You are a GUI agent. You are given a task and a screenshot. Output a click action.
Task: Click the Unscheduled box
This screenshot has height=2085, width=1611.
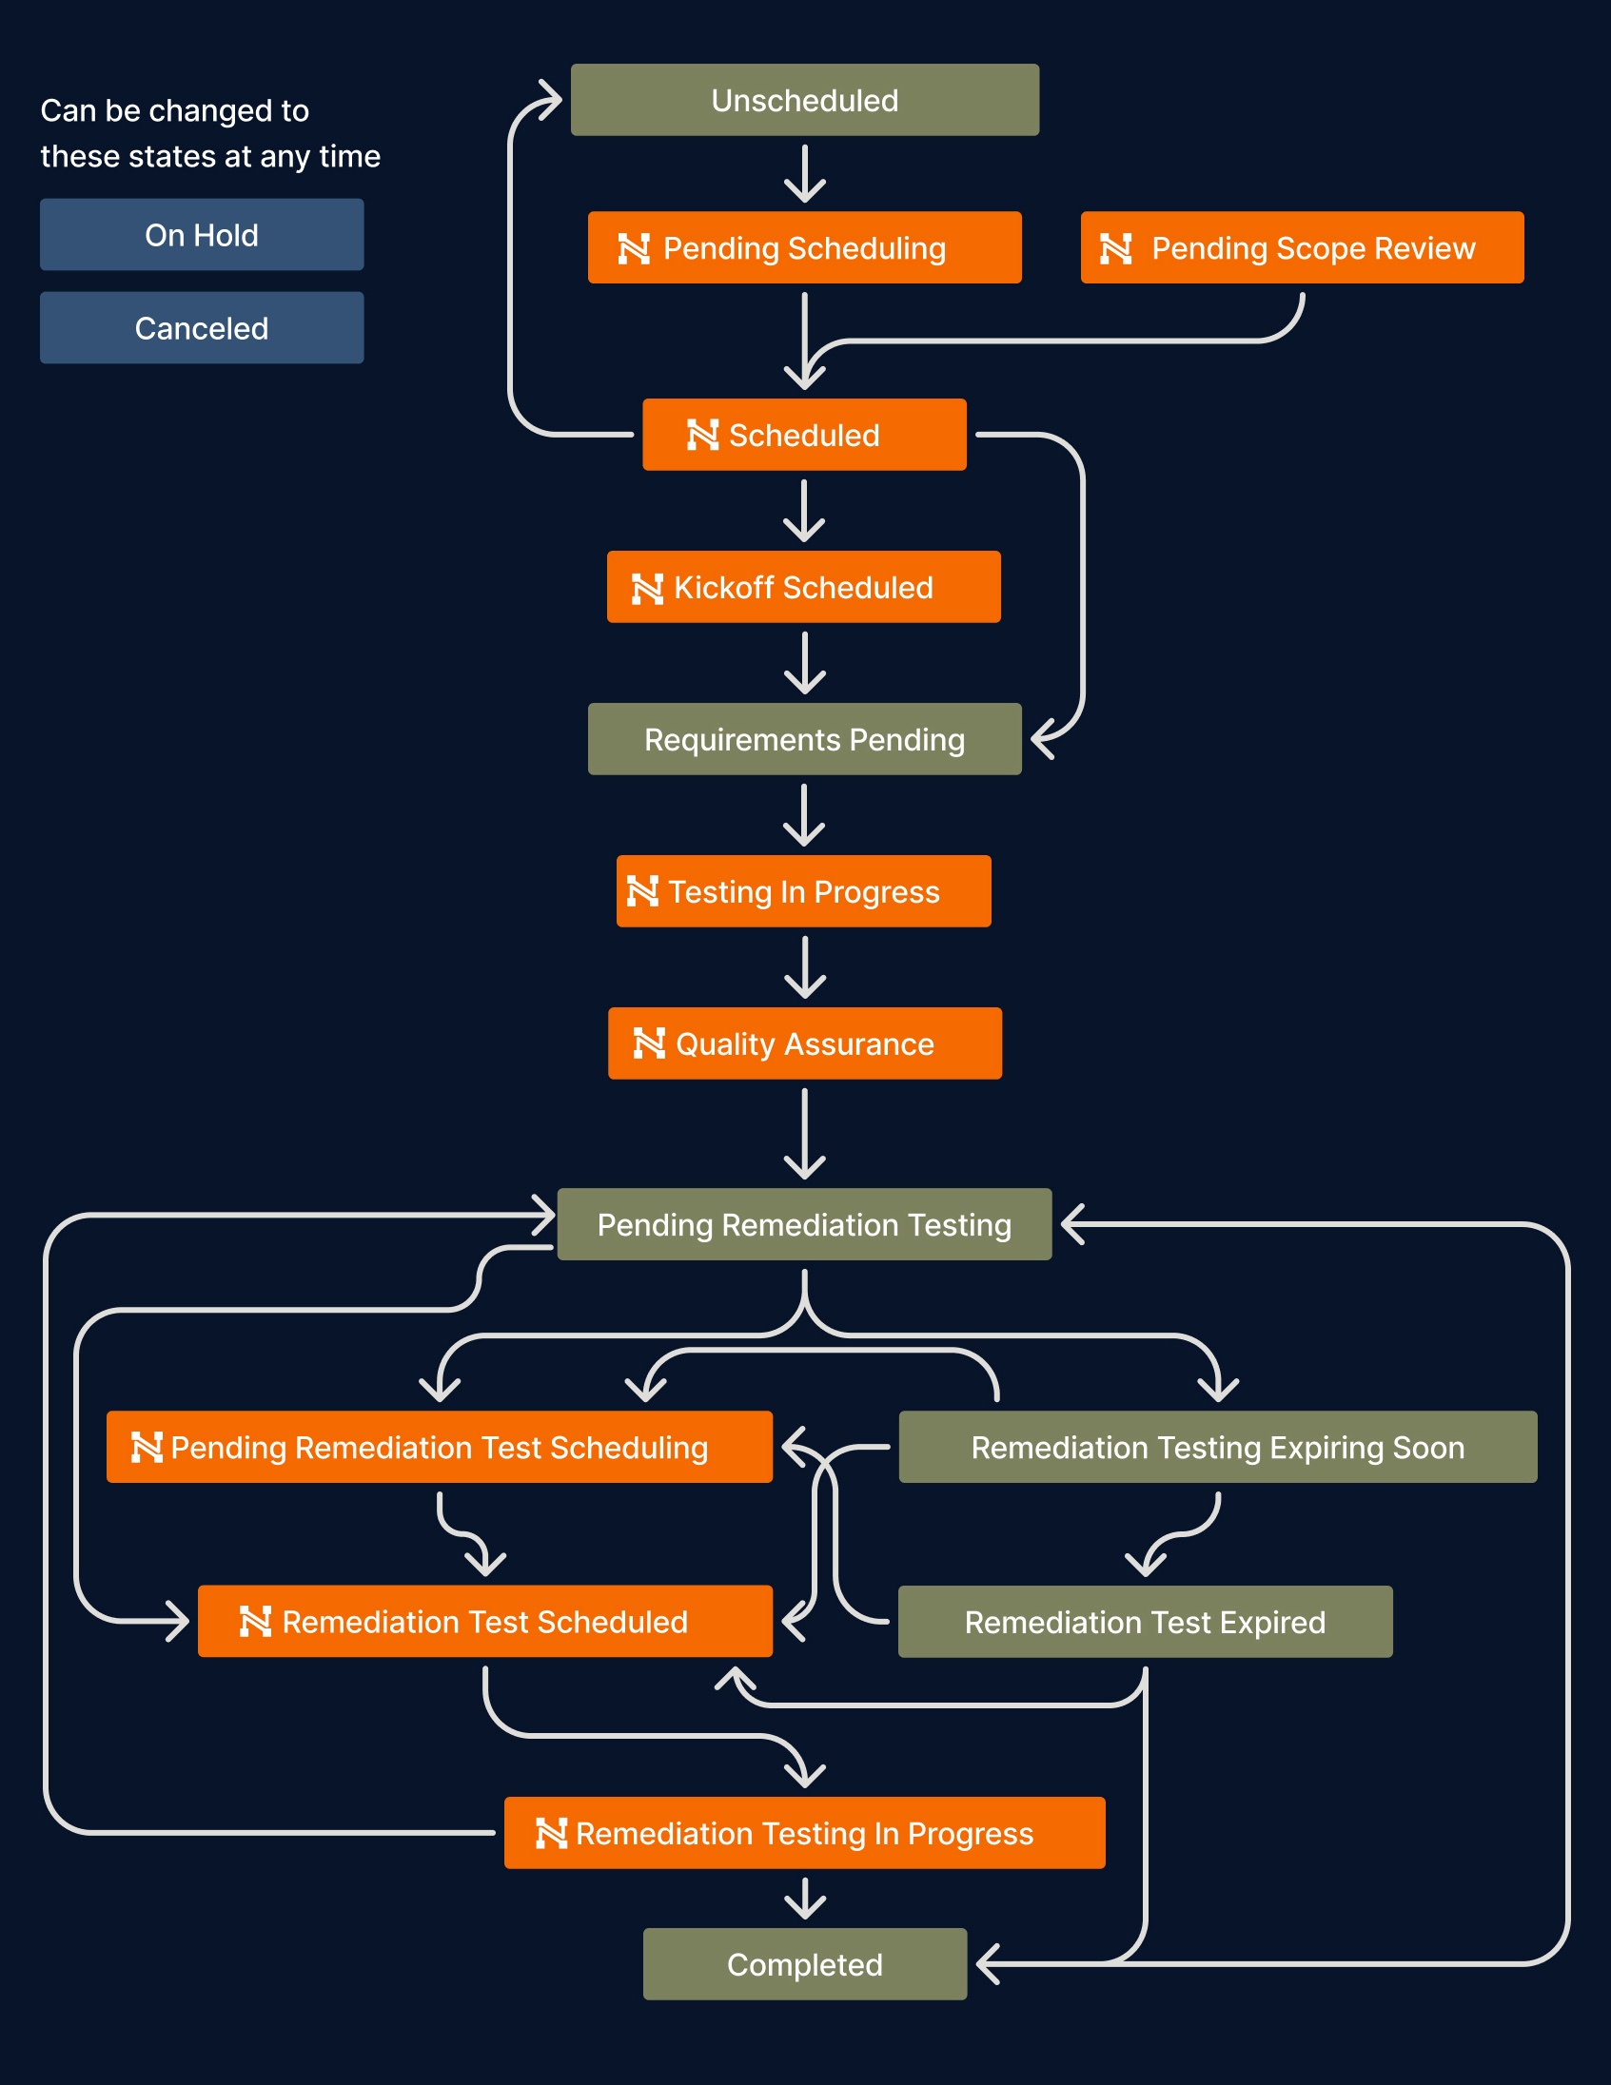pyautogui.click(x=804, y=100)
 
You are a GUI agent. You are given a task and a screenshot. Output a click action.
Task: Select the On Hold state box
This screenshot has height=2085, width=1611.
pyautogui.click(x=202, y=235)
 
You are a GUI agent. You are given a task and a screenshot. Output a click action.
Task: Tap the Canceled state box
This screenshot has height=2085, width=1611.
pyautogui.click(x=202, y=328)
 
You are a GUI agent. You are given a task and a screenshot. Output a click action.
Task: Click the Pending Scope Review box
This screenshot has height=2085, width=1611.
pyautogui.click(x=1302, y=248)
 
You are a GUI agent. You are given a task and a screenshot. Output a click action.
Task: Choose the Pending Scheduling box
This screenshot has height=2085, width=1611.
pyautogui.click(x=804, y=248)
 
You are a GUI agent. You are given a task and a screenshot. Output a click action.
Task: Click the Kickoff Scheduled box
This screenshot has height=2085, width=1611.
pyautogui.click(x=804, y=587)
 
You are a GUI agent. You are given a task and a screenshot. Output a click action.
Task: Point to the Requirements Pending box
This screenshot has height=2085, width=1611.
pyautogui.click(x=804, y=740)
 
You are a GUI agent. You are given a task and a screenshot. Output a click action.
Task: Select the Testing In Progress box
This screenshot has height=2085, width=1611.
pyautogui.click(x=804, y=891)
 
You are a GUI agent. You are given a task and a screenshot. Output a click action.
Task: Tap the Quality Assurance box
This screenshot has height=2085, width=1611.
pyautogui.click(x=804, y=1043)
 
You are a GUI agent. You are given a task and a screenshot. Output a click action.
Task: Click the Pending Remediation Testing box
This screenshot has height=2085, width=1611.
pyautogui.click(x=804, y=1225)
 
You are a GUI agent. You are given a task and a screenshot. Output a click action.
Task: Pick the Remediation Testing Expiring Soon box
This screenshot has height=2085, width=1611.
pyautogui.click(x=1218, y=1448)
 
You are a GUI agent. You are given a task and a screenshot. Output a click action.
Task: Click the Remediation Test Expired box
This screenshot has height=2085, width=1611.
pyautogui.click(x=1145, y=1622)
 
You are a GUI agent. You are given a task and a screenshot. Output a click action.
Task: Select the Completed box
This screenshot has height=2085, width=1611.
pyautogui.click(x=804, y=1965)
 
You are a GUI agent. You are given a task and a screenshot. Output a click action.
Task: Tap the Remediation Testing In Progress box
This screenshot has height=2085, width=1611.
pyautogui.click(x=804, y=1833)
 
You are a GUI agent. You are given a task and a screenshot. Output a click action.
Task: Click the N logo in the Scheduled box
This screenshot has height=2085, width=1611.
pyautogui.click(x=703, y=436)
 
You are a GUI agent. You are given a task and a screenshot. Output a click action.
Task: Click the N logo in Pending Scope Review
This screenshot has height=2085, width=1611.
pyautogui.click(x=1115, y=249)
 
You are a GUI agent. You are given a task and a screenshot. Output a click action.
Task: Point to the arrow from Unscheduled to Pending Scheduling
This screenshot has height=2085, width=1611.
pyautogui.click(x=805, y=174)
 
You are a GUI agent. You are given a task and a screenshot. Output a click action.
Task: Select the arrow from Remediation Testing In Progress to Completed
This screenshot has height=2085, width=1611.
pyautogui.click(x=805, y=1899)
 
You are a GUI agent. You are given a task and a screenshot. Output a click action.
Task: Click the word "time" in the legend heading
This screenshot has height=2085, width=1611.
pyautogui.click(x=349, y=157)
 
